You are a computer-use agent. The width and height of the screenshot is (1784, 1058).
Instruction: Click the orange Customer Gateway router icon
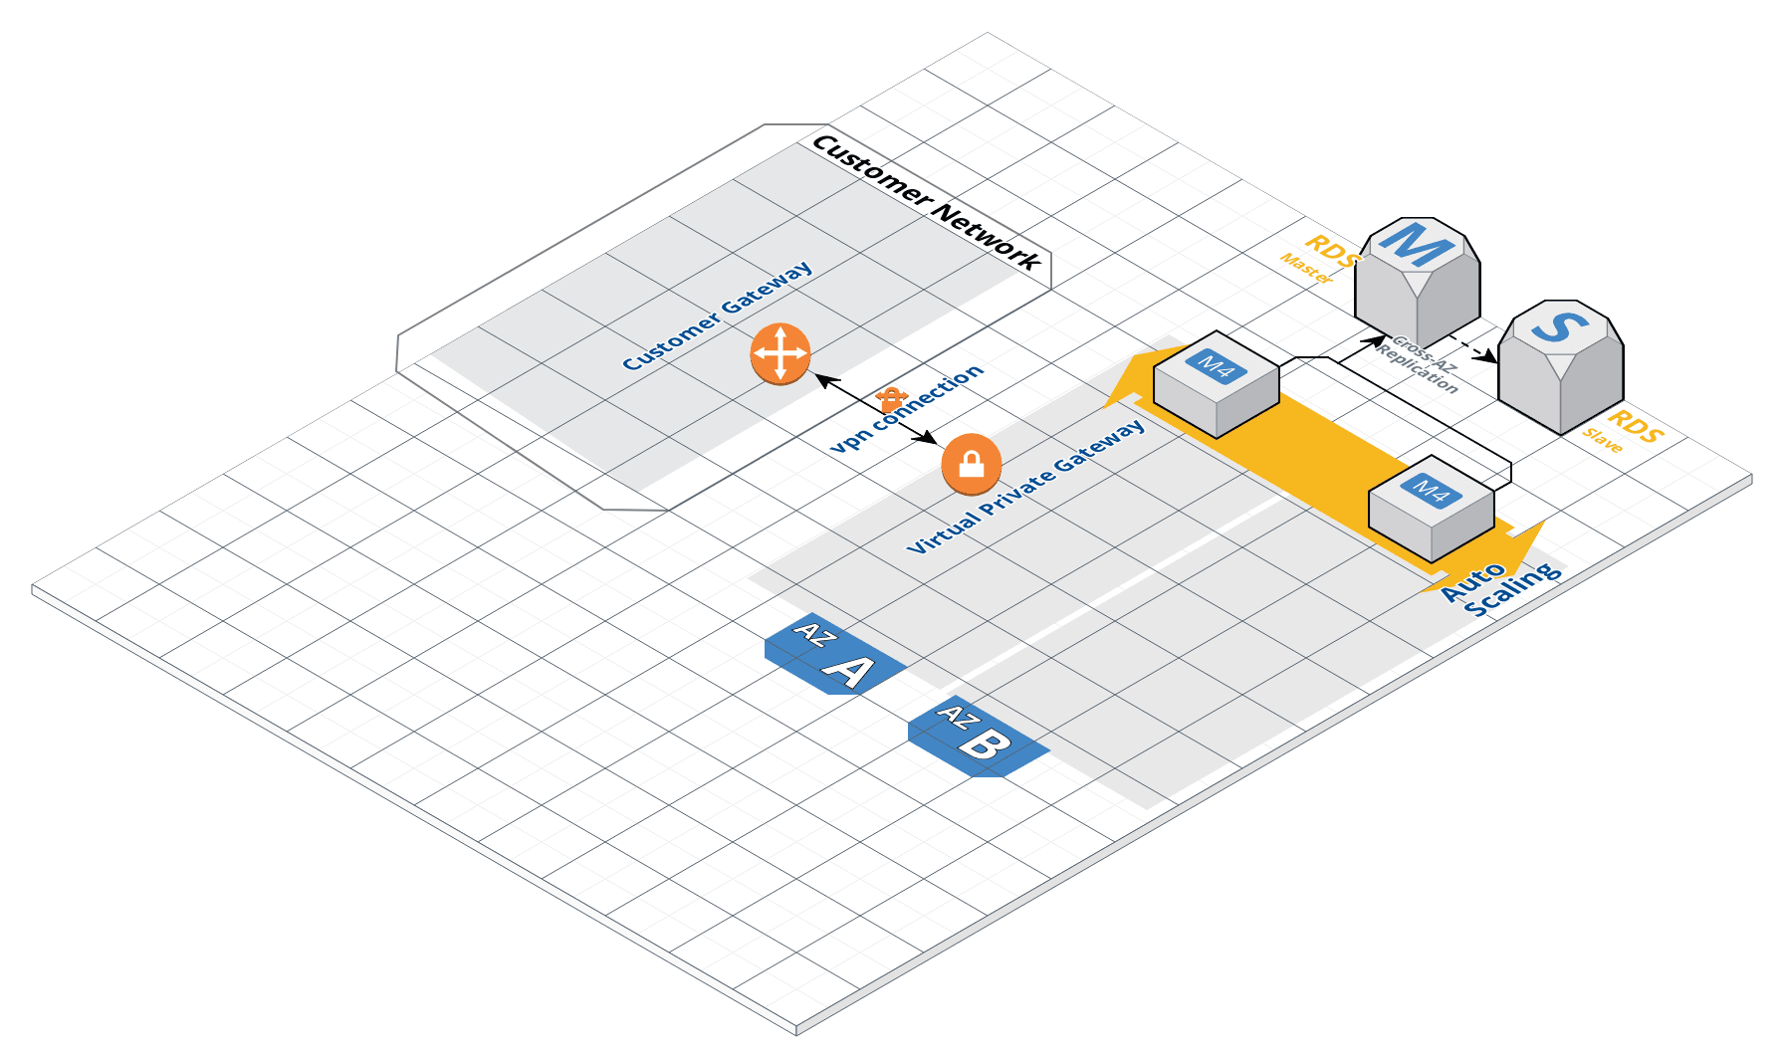point(780,353)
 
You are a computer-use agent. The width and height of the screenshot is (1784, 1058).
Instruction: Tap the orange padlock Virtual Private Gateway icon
point(971,464)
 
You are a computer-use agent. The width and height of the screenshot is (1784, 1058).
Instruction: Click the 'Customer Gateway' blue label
point(717,317)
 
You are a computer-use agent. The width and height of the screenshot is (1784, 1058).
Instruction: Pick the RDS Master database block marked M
point(1417,284)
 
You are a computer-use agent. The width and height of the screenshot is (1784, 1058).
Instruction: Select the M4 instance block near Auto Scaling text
point(1431,509)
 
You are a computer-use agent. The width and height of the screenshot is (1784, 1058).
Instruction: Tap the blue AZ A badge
point(834,654)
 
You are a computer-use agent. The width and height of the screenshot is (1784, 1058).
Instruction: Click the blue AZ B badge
point(978,737)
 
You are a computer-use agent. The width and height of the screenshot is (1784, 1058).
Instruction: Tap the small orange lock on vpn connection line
point(890,399)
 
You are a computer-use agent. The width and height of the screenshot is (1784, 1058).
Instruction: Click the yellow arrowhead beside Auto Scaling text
point(1523,546)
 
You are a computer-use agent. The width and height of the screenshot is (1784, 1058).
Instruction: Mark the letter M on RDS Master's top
point(1416,244)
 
